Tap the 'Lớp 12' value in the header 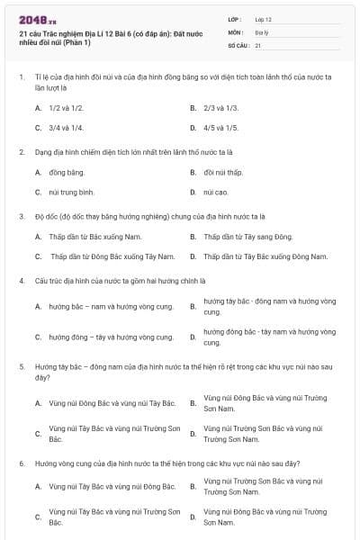[x=263, y=18]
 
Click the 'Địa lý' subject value [x=261, y=31]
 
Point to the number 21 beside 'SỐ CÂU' [x=258, y=44]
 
